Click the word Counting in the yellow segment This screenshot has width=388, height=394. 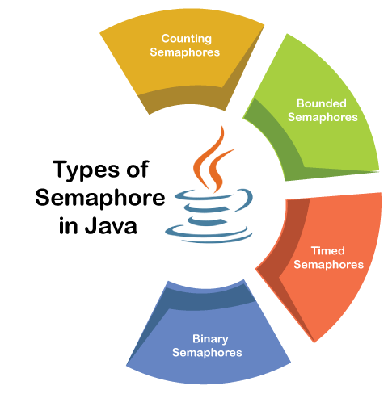click(x=187, y=39)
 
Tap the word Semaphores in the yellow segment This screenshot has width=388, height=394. click(x=185, y=52)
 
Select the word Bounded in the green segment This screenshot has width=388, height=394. click(x=322, y=103)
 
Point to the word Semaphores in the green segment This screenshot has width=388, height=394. click(x=323, y=117)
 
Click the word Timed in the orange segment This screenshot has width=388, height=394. click(x=328, y=251)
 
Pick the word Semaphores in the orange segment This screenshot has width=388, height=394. click(x=329, y=265)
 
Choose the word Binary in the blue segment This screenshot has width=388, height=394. click(x=210, y=339)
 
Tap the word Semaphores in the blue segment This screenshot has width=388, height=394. click(x=207, y=353)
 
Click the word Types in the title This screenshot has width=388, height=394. click(x=86, y=170)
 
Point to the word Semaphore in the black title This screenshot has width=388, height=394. click(x=100, y=198)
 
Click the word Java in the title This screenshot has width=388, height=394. click(x=111, y=225)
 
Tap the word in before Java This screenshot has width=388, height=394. click(x=69, y=225)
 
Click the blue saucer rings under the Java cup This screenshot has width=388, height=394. click(x=209, y=235)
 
